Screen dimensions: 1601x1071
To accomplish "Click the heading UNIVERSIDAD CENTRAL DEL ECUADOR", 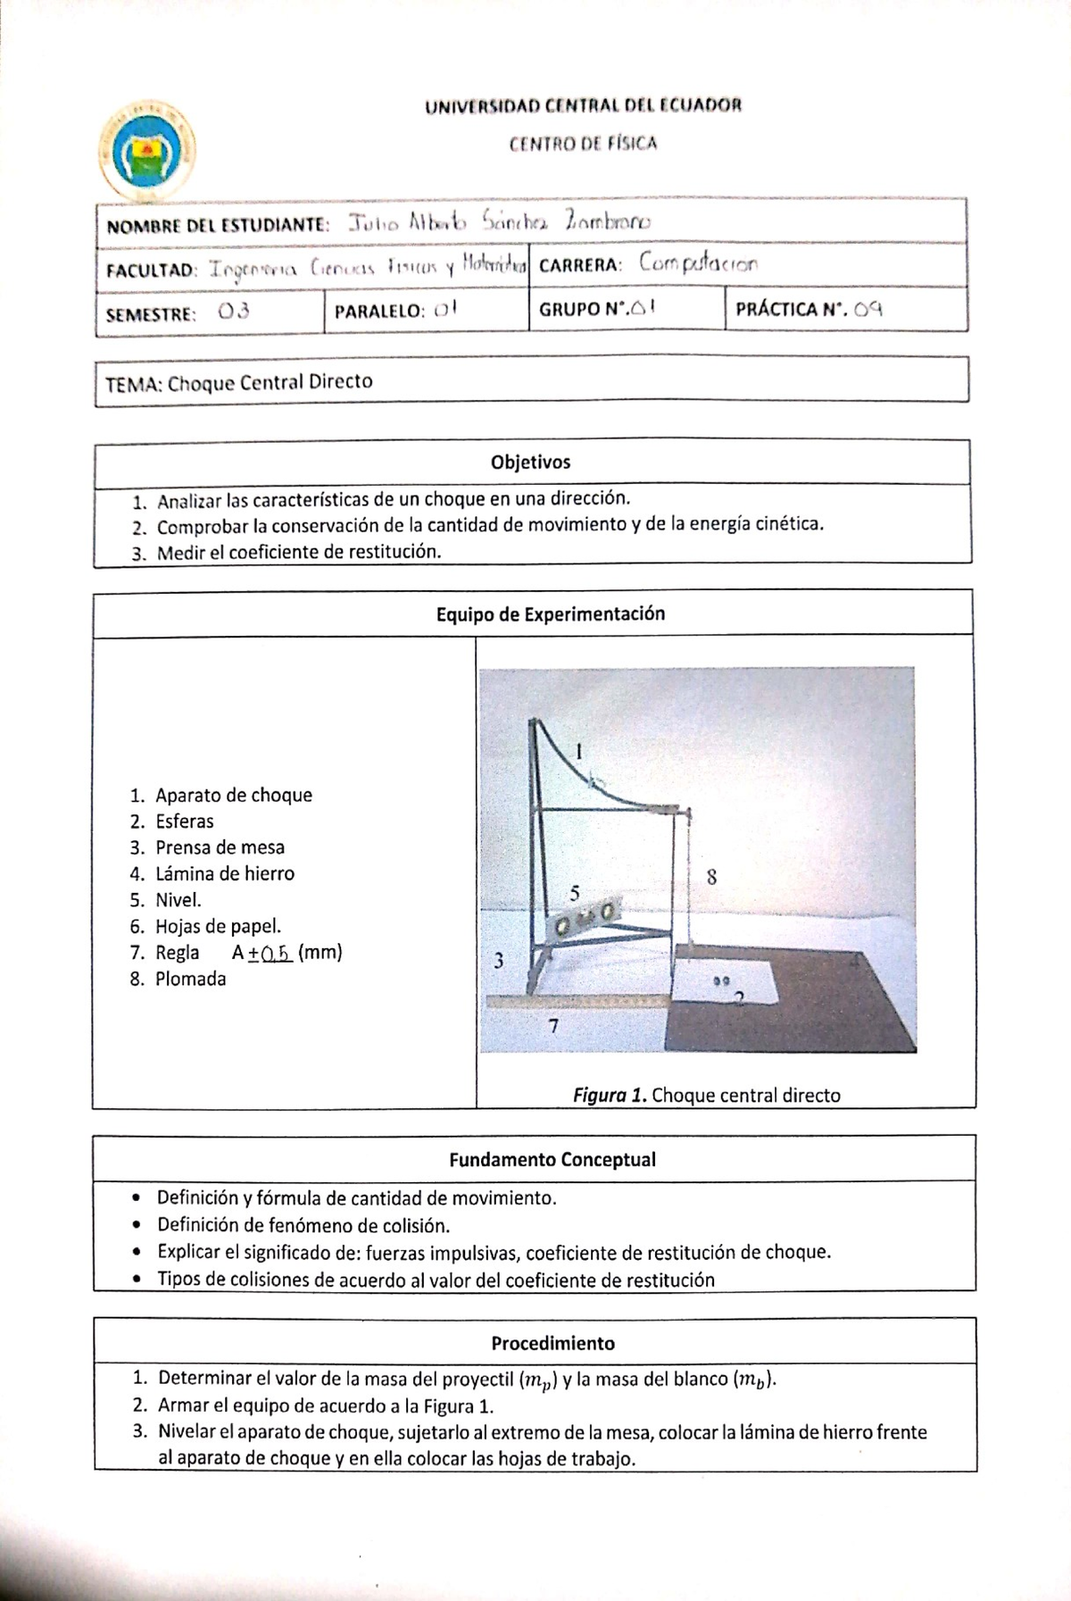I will click(583, 105).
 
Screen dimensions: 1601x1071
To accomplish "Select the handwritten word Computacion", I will click(699, 264).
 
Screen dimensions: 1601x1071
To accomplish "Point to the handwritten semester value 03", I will click(233, 312).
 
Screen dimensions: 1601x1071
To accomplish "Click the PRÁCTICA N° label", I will click(791, 310).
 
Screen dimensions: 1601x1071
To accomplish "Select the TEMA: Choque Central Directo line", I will click(239, 382).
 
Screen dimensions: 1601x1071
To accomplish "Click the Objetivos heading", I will click(530, 463).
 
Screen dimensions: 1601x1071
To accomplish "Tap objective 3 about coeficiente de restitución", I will click(299, 552).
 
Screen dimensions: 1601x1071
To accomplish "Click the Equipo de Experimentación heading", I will click(550, 613).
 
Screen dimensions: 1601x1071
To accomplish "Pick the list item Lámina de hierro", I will click(224, 873).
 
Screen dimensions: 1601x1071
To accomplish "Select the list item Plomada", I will click(190, 979).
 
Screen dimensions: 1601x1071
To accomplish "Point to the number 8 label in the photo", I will click(711, 877).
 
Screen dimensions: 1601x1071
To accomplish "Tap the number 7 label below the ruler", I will click(553, 1027).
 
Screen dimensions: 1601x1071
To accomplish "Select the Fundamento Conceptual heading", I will click(552, 1160).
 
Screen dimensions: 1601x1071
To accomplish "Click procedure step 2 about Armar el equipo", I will click(325, 1405).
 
